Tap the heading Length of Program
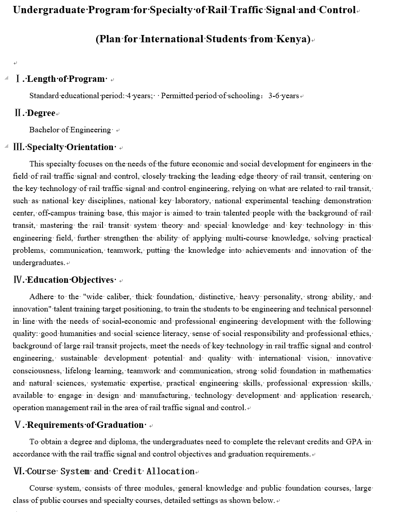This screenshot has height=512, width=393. (66, 79)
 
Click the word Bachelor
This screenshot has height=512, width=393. (44, 130)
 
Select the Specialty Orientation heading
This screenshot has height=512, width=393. (70, 147)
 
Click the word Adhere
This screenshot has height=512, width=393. (41, 297)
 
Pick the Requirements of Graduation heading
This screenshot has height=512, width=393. (86, 425)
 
